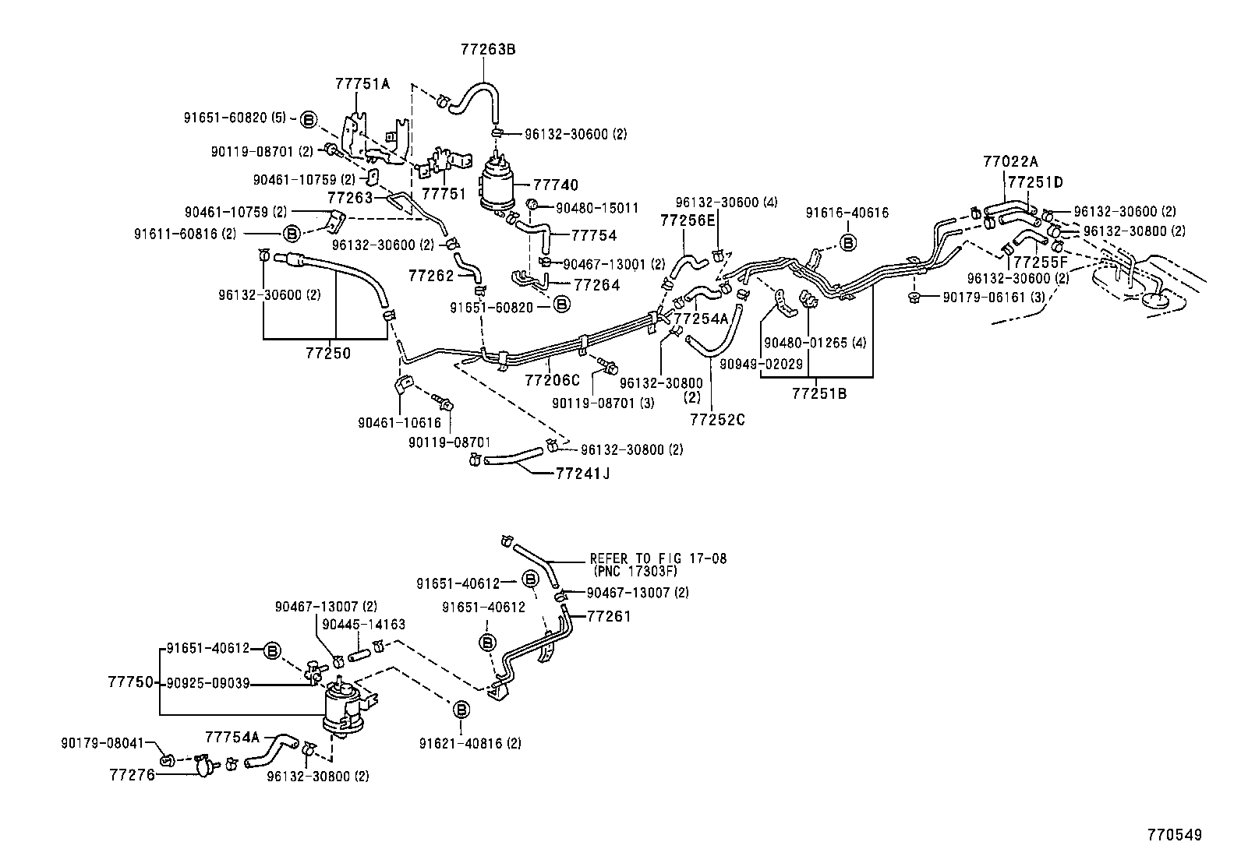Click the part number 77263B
(487, 49)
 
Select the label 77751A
(362, 83)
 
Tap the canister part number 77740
(556, 185)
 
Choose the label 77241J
(582, 472)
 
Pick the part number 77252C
(717, 420)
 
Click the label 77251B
(819, 393)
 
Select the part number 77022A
(1010, 162)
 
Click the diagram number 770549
(1174, 835)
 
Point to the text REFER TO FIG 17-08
(658, 558)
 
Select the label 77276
(132, 775)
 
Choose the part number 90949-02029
(761, 364)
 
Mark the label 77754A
(232, 736)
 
